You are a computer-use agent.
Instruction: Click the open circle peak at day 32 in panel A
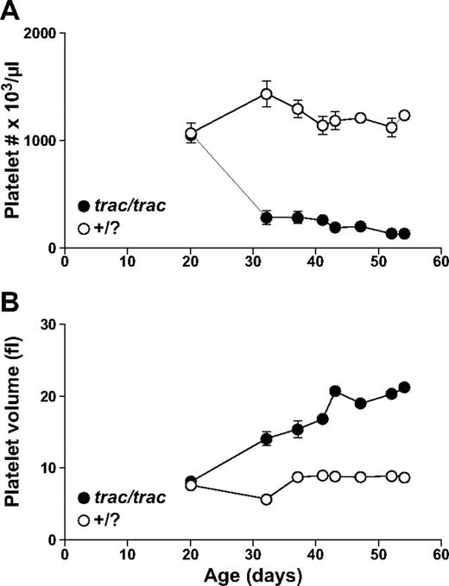click(x=267, y=94)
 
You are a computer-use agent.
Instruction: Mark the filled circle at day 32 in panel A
click(x=267, y=217)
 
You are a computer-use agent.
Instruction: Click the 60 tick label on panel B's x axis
click(x=440, y=554)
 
